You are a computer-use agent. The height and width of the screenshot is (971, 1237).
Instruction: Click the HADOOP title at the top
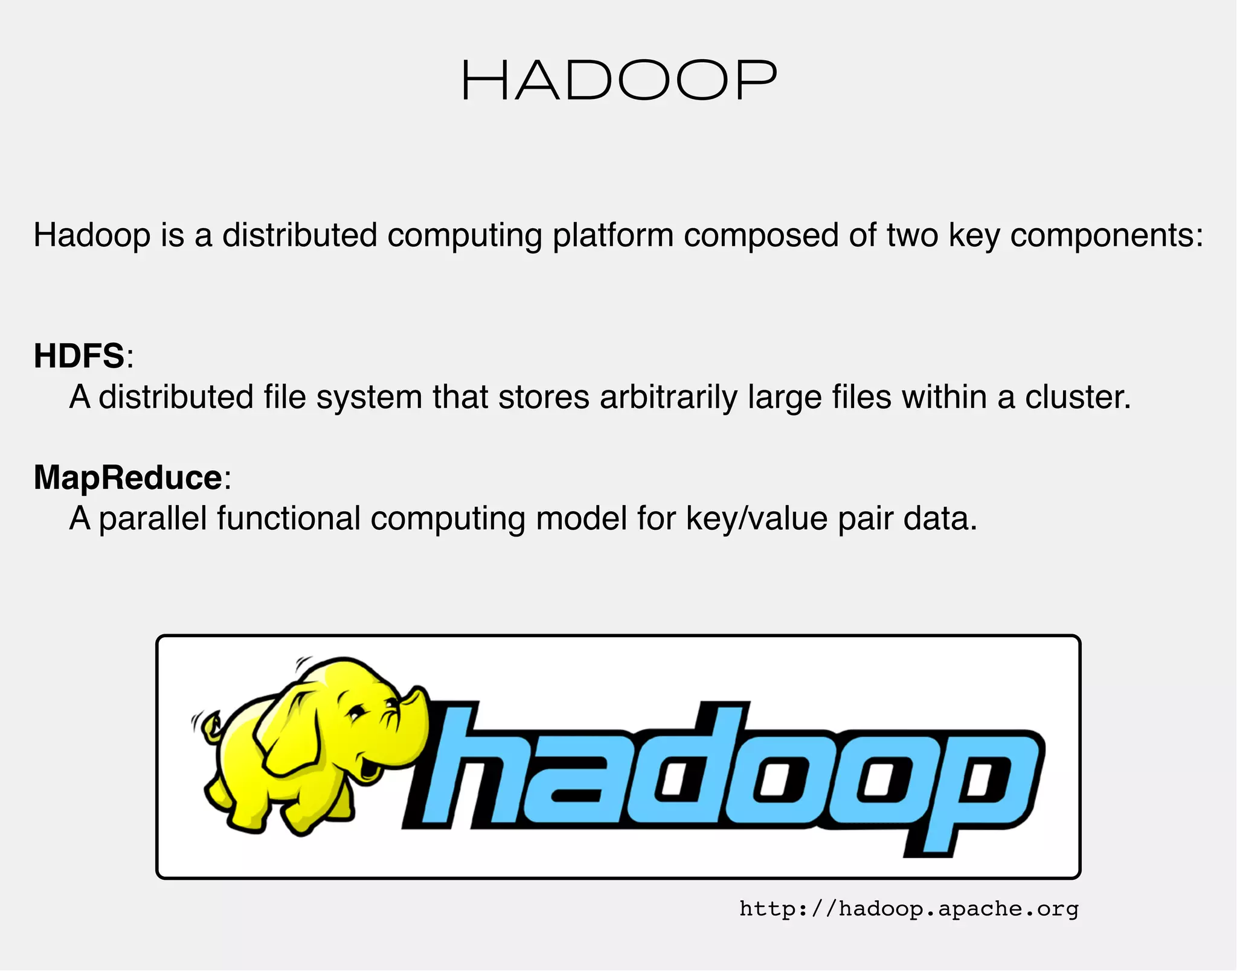(x=618, y=81)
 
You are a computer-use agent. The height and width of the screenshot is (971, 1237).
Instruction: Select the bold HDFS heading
(x=79, y=355)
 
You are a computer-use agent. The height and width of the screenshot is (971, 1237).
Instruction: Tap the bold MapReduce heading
(x=128, y=477)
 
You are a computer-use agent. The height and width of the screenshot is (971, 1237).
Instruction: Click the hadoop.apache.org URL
(x=908, y=908)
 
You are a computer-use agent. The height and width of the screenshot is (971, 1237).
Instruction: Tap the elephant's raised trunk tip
(x=417, y=694)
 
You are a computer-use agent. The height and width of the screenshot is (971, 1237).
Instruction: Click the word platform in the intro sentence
(x=612, y=235)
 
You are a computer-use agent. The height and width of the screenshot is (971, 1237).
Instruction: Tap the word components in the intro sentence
(x=1107, y=235)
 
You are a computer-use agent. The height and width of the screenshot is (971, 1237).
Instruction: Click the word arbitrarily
(x=669, y=398)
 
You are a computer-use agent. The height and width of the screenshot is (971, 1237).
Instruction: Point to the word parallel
(x=153, y=518)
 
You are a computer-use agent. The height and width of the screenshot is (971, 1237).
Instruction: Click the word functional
(x=289, y=518)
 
